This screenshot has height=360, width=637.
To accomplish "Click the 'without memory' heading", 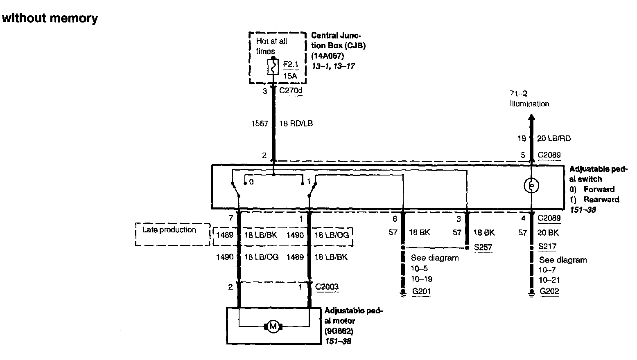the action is [x=50, y=18].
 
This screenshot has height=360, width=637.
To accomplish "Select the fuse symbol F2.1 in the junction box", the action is [x=273, y=67].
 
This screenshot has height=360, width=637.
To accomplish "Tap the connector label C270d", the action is [x=291, y=90].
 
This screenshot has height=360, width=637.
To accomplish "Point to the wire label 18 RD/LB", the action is [x=296, y=123].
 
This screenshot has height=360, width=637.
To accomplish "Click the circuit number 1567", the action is [x=260, y=123].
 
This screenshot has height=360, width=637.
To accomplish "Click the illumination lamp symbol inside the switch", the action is [x=531, y=186].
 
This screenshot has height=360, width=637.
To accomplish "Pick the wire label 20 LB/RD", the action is [x=553, y=139].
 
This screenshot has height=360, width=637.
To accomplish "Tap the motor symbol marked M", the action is [x=273, y=326].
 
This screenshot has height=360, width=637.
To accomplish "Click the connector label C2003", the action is [x=327, y=287].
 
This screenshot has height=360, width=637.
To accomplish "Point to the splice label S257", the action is [x=483, y=248].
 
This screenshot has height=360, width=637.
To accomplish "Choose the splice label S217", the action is [x=547, y=246].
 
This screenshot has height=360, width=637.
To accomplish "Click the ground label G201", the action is [x=421, y=291].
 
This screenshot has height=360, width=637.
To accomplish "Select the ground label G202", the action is [x=549, y=291].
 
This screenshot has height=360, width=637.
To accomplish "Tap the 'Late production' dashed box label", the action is [x=169, y=230].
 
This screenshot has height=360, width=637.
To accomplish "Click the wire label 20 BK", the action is [x=548, y=233].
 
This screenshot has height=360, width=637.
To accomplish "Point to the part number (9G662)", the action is [x=339, y=331].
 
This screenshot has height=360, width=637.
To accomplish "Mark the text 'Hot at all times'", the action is [x=271, y=46].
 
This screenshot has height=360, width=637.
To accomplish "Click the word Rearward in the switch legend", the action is [x=601, y=200].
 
